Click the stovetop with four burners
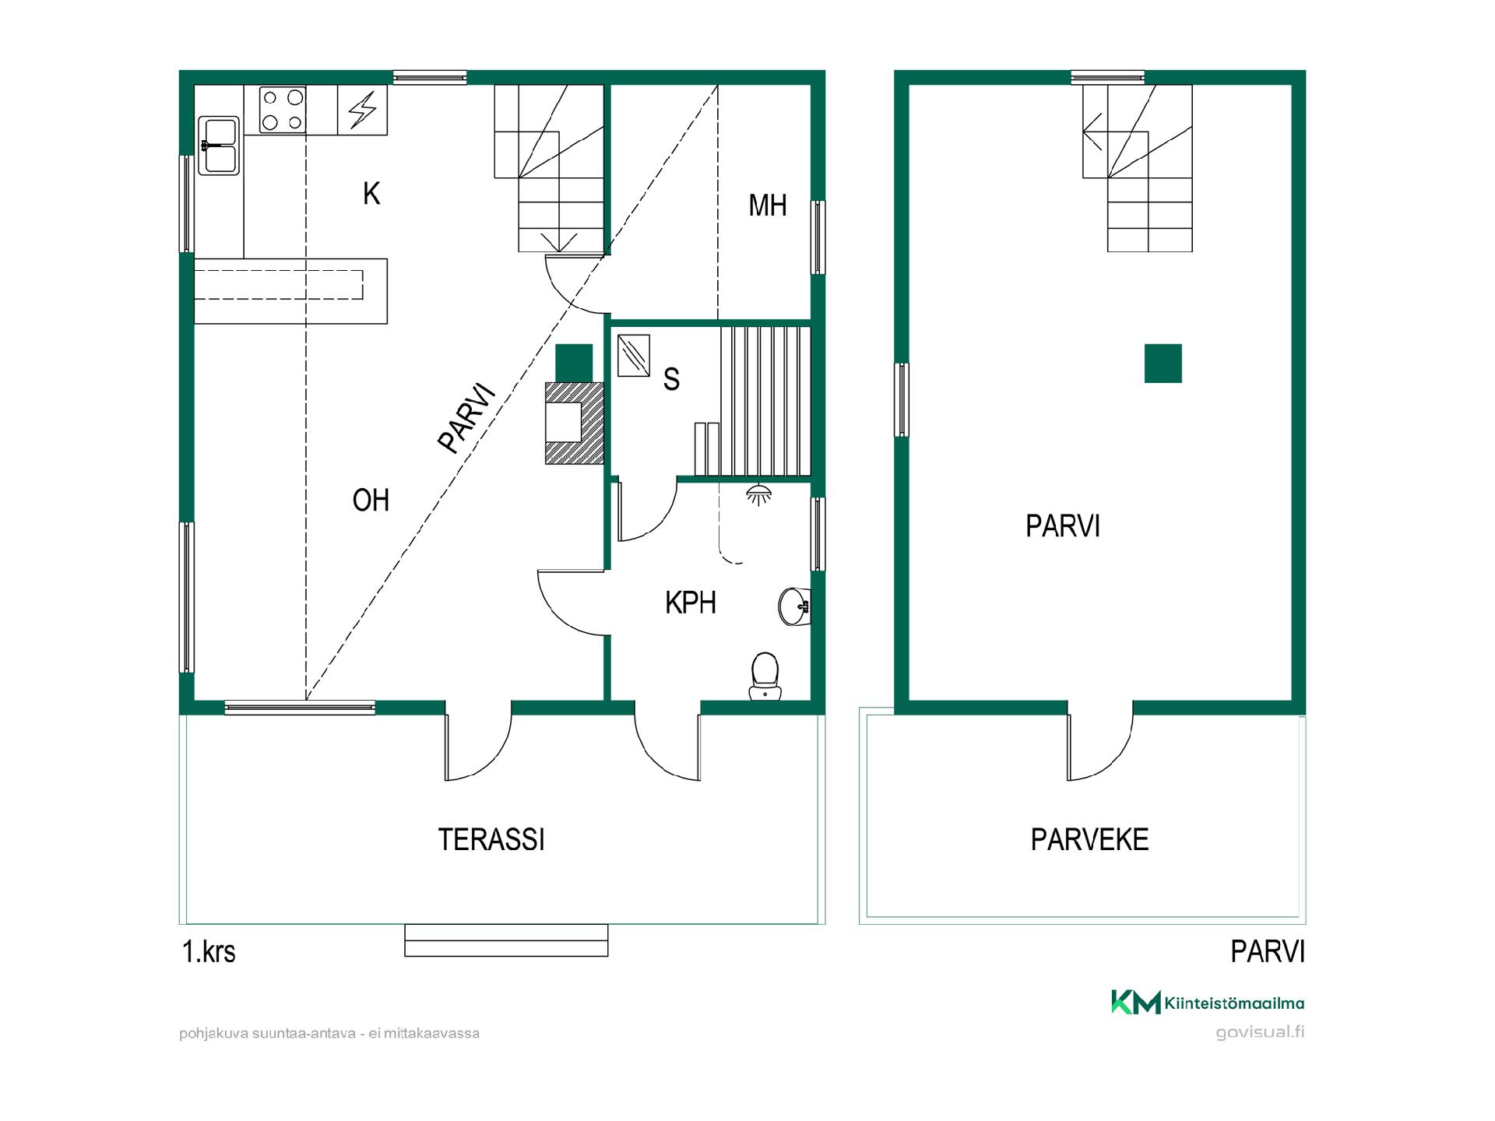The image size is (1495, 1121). (x=282, y=110)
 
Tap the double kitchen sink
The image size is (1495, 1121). (x=219, y=146)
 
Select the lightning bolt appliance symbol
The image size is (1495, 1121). (x=362, y=110)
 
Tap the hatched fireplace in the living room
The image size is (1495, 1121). (x=575, y=423)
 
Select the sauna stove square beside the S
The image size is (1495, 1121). (x=633, y=356)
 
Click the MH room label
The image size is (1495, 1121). (x=768, y=206)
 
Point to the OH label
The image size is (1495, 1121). (x=371, y=500)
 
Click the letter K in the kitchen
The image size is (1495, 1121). (x=371, y=193)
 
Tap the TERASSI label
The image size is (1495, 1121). (x=491, y=839)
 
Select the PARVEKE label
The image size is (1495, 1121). (x=1089, y=839)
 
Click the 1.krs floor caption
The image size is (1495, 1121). (x=209, y=951)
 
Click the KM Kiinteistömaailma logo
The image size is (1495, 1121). (x=1208, y=1003)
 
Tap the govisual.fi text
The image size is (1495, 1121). (x=1261, y=1032)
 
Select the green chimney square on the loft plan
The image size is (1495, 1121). (x=1163, y=364)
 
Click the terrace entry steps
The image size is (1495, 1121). (x=506, y=940)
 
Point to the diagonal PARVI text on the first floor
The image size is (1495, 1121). (x=467, y=418)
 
